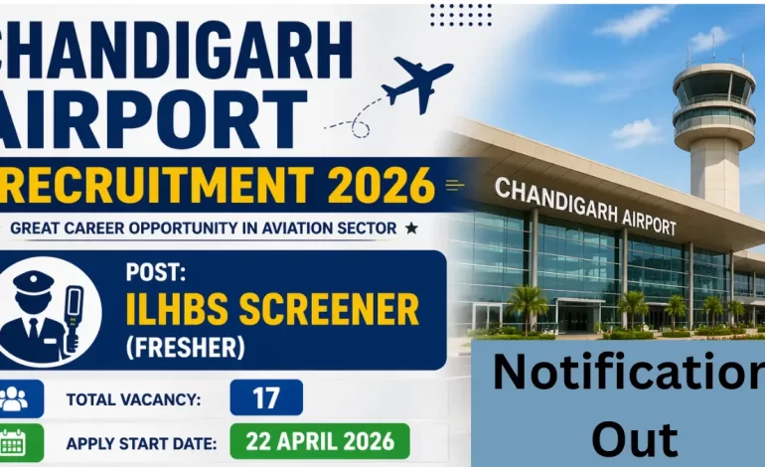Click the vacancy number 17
pyautogui.click(x=265, y=398)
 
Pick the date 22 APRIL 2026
pyautogui.click(x=319, y=440)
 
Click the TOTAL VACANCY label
pyautogui.click(x=134, y=399)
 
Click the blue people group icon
pyautogui.click(x=15, y=398)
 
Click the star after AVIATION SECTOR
pyautogui.click(x=410, y=228)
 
